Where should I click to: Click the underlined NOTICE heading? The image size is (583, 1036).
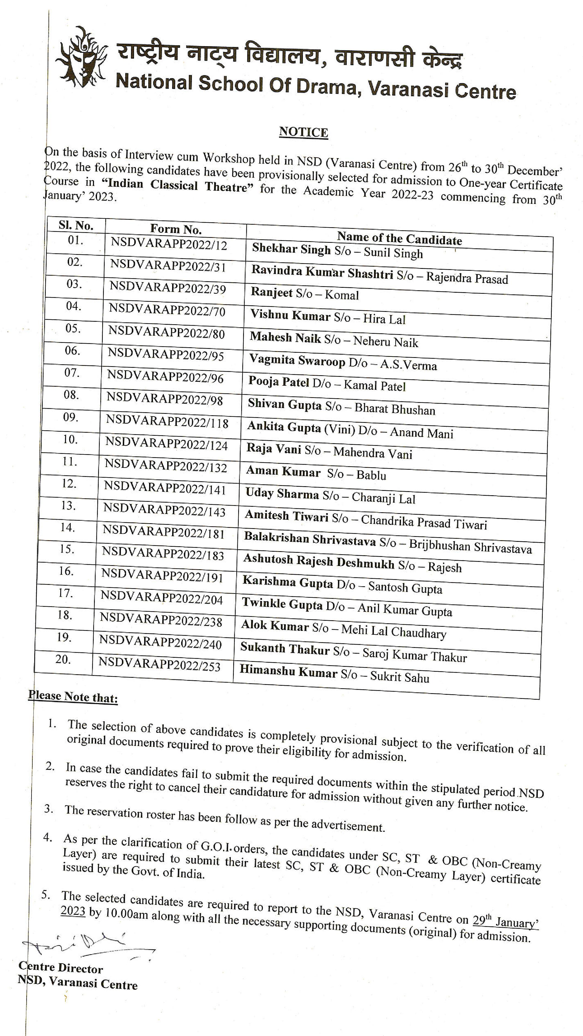pyautogui.click(x=304, y=132)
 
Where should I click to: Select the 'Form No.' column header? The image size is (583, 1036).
pyautogui.click(x=176, y=229)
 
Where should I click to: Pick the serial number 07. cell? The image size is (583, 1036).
pyautogui.click(x=72, y=373)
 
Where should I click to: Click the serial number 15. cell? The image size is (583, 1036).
pyautogui.click(x=67, y=549)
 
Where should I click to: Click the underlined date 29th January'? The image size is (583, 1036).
pyautogui.click(x=505, y=921)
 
